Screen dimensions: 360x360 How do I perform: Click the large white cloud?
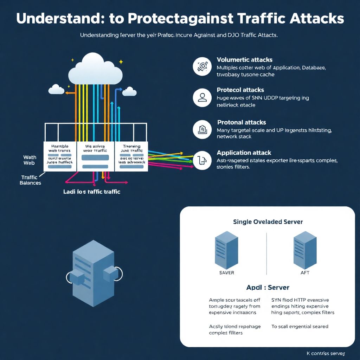(x=96, y=70)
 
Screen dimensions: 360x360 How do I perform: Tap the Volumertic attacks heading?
(x=244, y=60)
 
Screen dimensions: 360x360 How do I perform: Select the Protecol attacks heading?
(x=240, y=90)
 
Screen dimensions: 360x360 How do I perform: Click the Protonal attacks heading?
(x=241, y=122)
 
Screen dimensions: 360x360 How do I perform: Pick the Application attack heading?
(x=244, y=153)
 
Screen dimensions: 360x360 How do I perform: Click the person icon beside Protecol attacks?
(x=202, y=97)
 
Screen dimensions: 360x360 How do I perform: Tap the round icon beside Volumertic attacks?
(x=202, y=66)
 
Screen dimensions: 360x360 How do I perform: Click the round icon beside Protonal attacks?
(x=202, y=130)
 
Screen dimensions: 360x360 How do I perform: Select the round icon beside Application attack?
(x=202, y=160)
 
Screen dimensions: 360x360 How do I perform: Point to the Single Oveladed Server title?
(x=268, y=222)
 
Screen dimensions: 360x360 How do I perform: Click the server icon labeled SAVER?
(x=226, y=250)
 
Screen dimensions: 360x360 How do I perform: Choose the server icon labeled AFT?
(x=305, y=250)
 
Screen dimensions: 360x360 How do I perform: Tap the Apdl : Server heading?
(x=268, y=287)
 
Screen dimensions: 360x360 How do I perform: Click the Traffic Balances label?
(x=31, y=180)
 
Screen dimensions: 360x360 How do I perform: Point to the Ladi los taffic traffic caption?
(x=92, y=192)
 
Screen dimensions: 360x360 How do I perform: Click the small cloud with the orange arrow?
(x=56, y=89)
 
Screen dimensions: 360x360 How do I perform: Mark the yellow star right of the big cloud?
(x=121, y=62)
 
